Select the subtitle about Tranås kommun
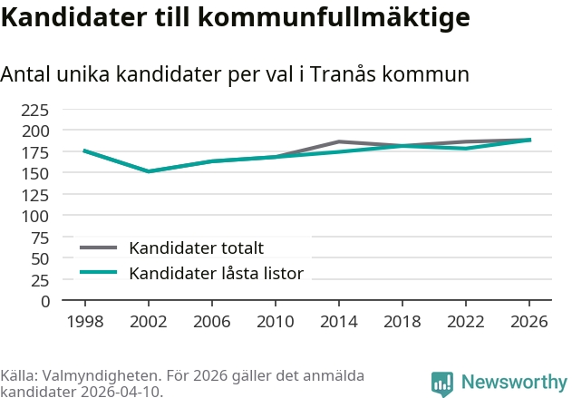(x=235, y=75)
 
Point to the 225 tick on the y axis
(x=34, y=110)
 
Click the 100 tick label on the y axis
(x=34, y=216)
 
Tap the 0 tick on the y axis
(x=44, y=301)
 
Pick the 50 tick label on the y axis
(x=39, y=258)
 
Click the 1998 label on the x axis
(x=84, y=322)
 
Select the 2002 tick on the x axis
(x=148, y=322)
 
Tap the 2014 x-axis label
(x=338, y=322)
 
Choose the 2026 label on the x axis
(x=529, y=322)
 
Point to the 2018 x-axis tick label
(x=402, y=322)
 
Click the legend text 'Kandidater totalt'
(x=196, y=248)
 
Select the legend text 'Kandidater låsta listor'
(x=216, y=273)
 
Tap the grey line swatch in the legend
(x=99, y=248)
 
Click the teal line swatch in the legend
(x=99, y=272)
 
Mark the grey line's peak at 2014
(x=338, y=141)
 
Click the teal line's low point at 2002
(x=148, y=171)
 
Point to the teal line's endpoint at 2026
(x=529, y=140)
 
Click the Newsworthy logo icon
(x=442, y=383)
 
